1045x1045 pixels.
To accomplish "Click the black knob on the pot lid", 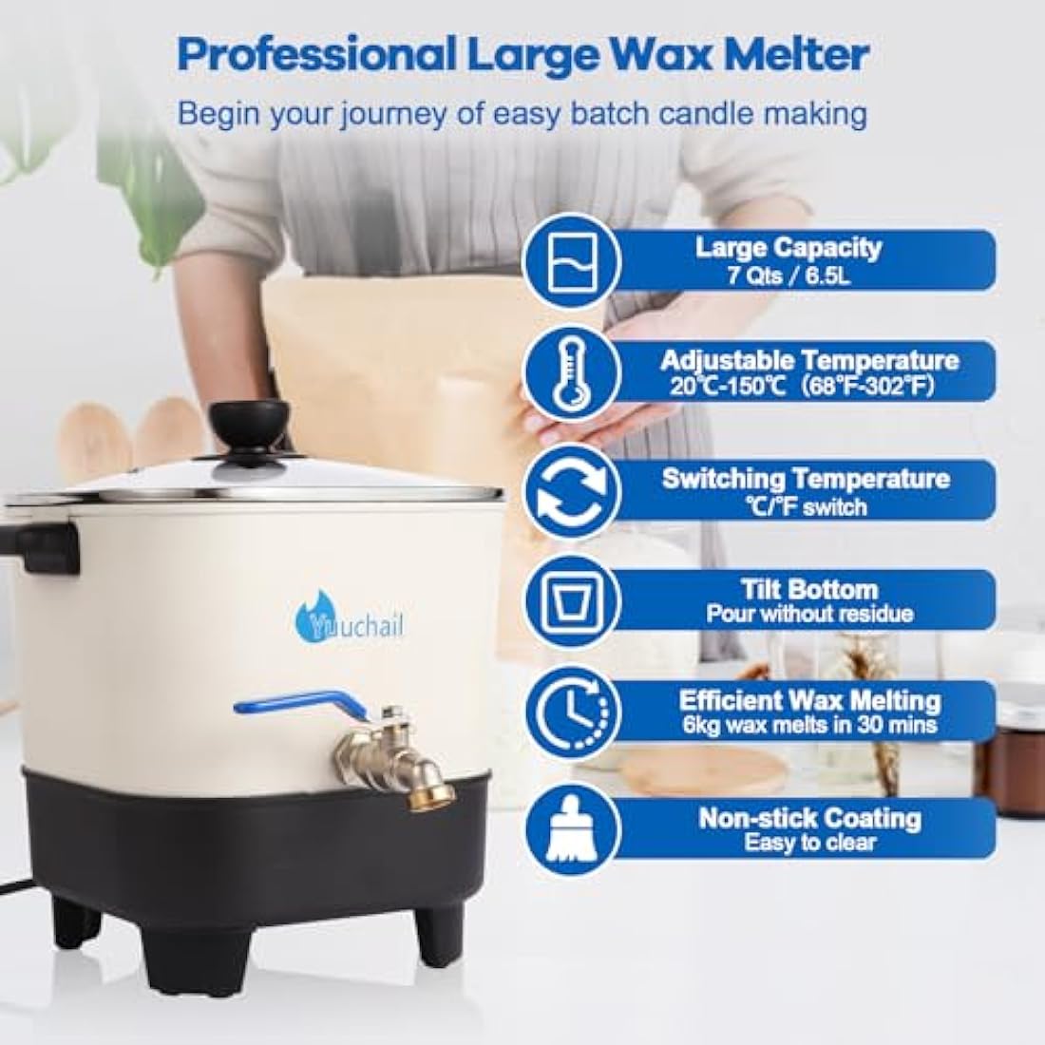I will [250, 424].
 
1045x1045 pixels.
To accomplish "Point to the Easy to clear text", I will [809, 843].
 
